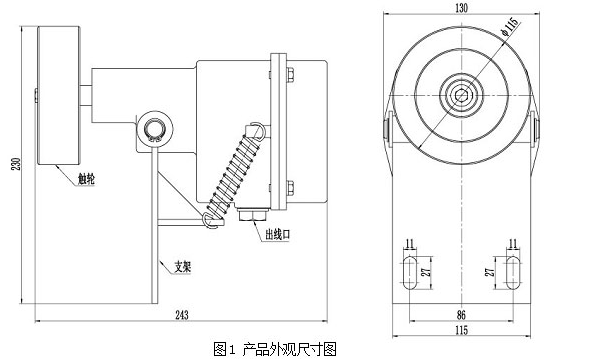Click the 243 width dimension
(x=181, y=315)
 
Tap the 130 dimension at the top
(x=460, y=8)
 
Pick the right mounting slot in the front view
(x=511, y=271)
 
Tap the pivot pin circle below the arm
(x=155, y=128)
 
